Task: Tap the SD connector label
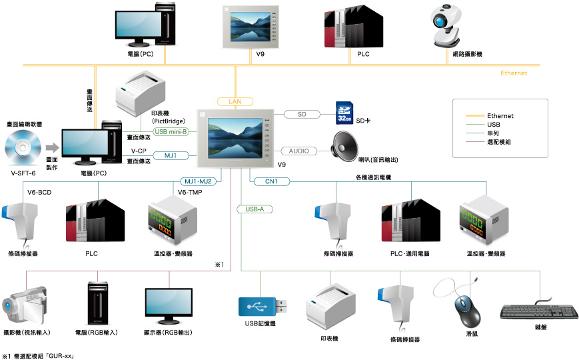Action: tap(302, 114)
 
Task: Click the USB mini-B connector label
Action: tap(171, 131)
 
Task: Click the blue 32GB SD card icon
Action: tap(344, 113)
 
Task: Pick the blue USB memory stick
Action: tap(263, 307)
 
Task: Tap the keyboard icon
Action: tap(538, 311)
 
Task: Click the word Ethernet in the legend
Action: tap(500, 116)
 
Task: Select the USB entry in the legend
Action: tap(494, 124)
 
